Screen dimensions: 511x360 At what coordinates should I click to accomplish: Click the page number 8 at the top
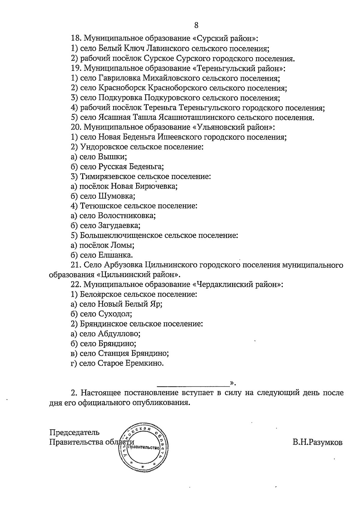click(196, 25)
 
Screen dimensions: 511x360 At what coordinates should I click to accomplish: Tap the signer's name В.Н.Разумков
click(318, 442)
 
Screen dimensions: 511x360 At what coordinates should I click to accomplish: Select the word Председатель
click(74, 433)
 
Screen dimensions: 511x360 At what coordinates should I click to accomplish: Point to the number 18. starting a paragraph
click(76, 39)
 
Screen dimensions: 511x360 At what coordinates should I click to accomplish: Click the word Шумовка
click(116, 196)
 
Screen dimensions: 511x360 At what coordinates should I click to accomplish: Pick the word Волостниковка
click(126, 216)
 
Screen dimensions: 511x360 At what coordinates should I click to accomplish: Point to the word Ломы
click(122, 245)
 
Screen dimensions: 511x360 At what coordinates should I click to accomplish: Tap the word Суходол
click(115, 314)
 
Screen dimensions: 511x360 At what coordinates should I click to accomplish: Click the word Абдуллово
click(119, 334)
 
